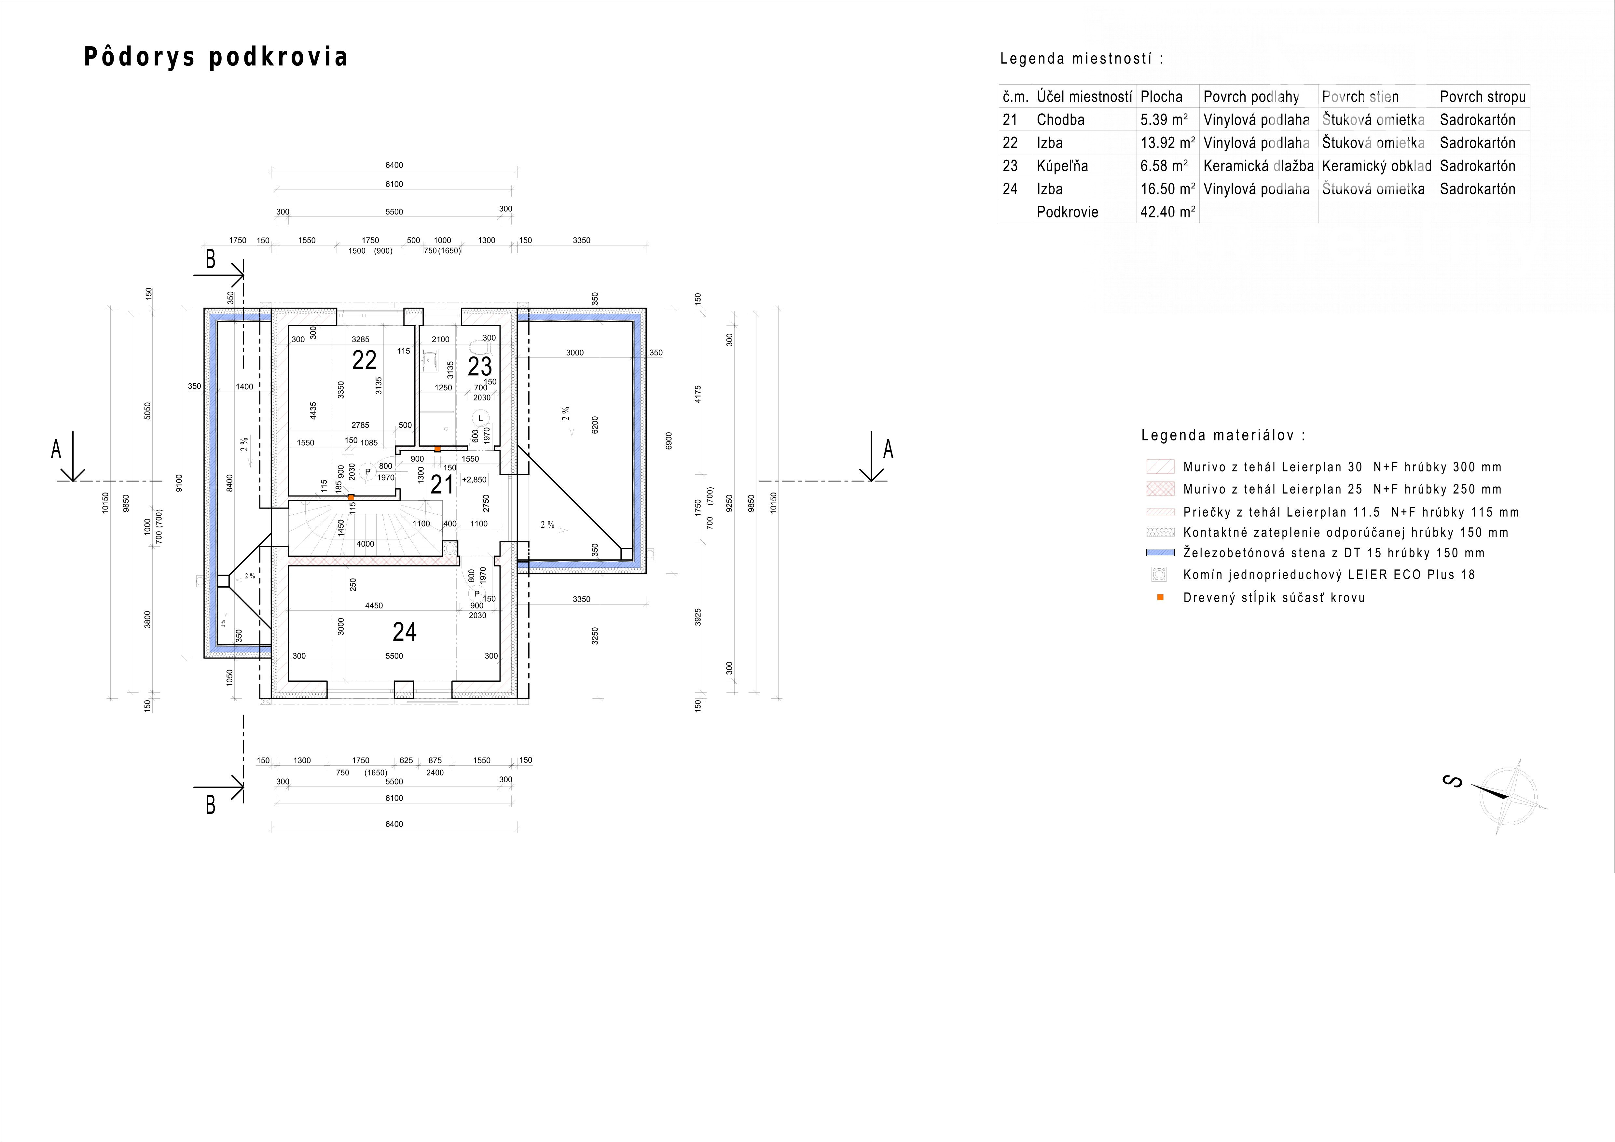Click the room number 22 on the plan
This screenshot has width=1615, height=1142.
364,360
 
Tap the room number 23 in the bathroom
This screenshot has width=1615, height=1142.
480,367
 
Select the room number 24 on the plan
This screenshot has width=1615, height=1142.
405,632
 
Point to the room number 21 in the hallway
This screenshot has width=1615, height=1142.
442,485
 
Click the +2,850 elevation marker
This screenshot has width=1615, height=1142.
474,480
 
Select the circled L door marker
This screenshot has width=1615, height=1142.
481,418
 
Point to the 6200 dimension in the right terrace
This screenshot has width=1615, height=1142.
595,425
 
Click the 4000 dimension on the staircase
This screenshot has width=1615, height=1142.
365,544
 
